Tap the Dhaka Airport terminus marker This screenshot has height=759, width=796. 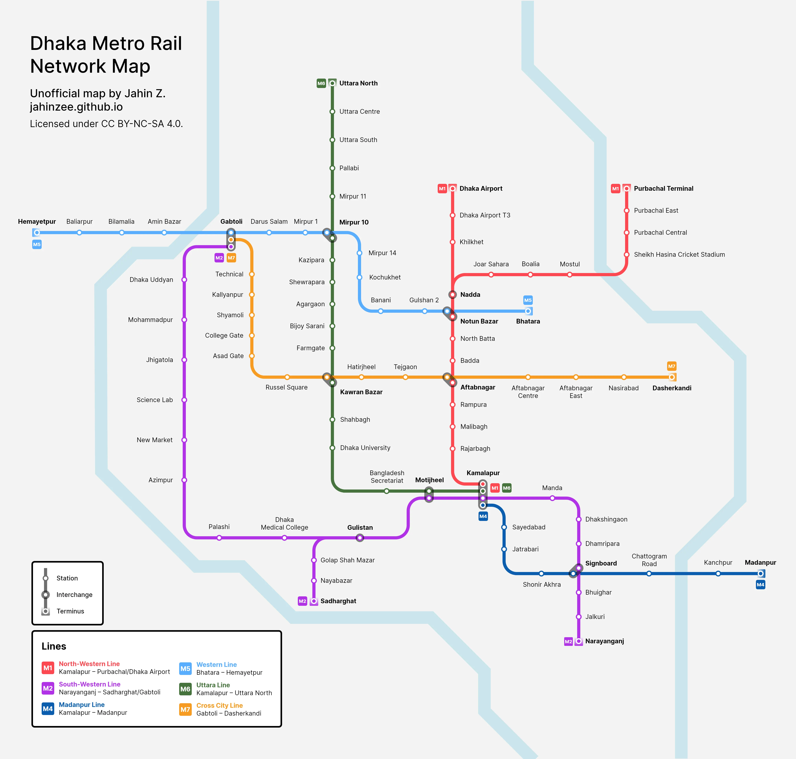pos(452,189)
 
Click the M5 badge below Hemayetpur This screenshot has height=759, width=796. pos(37,244)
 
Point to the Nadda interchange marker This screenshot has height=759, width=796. pos(452,294)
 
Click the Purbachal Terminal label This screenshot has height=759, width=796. pos(663,189)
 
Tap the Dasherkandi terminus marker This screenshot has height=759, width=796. pos(672,377)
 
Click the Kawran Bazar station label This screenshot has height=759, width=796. pos(361,392)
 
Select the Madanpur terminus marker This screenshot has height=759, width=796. pos(760,573)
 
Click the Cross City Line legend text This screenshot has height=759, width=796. pos(219,705)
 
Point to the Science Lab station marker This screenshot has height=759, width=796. pos(184,400)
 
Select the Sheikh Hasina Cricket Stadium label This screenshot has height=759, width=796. pos(679,255)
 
